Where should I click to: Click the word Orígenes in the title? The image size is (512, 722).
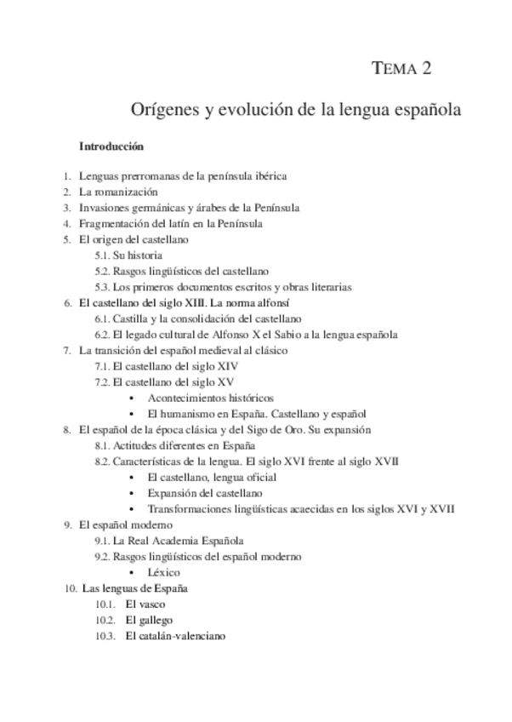pos(164,112)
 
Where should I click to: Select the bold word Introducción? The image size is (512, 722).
pos(111,146)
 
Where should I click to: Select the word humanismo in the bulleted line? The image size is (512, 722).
pos(184,414)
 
